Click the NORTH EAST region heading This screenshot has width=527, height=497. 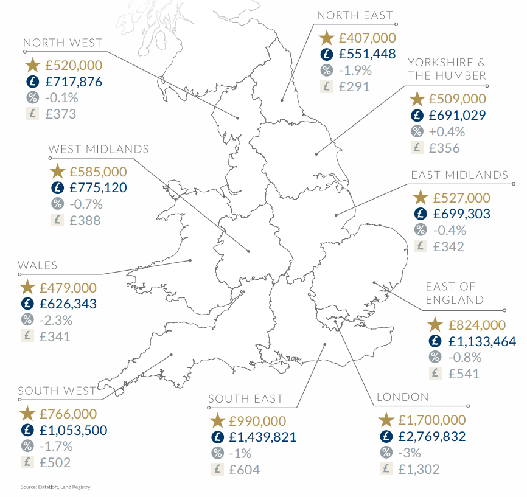click(x=355, y=16)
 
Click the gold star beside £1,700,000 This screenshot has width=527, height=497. click(x=386, y=420)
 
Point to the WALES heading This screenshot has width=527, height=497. click(x=38, y=265)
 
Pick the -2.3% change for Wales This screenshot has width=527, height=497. click(x=56, y=320)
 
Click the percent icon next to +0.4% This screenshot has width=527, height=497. click(x=417, y=131)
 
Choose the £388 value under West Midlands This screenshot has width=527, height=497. click(x=85, y=221)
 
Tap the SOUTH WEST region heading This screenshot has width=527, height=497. click(x=57, y=391)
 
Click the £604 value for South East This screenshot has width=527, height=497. click(x=244, y=470)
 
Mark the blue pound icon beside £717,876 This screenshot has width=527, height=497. click(x=31, y=82)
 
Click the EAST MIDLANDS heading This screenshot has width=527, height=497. click(x=459, y=175)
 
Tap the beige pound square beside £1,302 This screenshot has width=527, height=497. click(x=385, y=469)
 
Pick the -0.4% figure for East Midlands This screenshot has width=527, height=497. click(x=449, y=230)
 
